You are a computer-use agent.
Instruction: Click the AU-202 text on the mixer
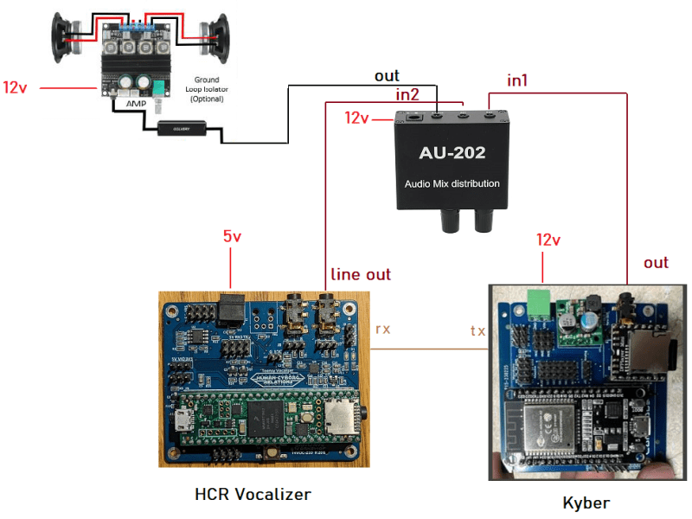452,154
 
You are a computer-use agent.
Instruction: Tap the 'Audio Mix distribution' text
452,183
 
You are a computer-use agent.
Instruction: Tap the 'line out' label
361,274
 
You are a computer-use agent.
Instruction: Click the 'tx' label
477,330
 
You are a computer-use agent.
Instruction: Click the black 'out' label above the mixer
387,76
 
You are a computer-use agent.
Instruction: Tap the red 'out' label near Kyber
657,262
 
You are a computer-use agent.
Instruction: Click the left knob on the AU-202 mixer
451,222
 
